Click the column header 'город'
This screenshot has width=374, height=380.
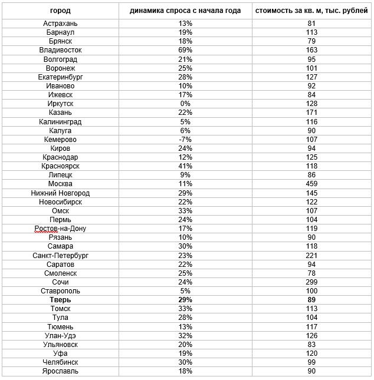[61, 11]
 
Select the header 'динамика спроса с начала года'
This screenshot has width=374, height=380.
[186, 11]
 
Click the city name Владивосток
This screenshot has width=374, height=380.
[61, 50]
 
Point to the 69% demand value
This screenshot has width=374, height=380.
[186, 50]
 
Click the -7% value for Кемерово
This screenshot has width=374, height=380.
[186, 140]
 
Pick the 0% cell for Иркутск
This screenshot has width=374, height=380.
[186, 104]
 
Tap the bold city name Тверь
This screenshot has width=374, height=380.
[61, 300]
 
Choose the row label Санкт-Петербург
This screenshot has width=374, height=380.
[61, 255]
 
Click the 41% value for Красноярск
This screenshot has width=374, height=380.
[186, 166]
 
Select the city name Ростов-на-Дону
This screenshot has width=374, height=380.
[61, 229]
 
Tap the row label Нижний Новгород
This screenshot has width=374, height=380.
[61, 193]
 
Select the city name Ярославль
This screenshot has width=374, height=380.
[61, 371]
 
